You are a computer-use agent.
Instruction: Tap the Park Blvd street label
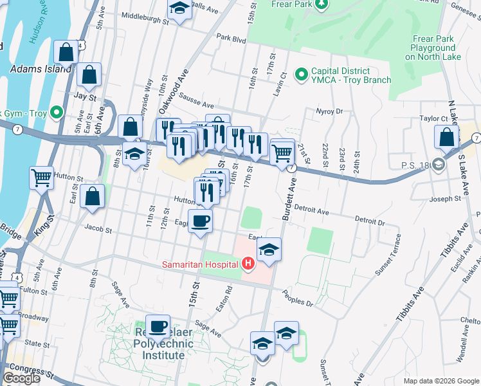(231, 39)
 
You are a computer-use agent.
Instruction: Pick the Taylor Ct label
(433, 118)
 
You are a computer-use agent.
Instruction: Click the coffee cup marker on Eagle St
(201, 221)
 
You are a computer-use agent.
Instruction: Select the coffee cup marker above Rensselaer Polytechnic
(158, 326)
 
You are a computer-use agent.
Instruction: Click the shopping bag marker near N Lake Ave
(446, 137)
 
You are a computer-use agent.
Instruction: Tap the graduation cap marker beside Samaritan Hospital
(269, 250)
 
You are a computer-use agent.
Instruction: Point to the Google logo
(21, 378)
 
